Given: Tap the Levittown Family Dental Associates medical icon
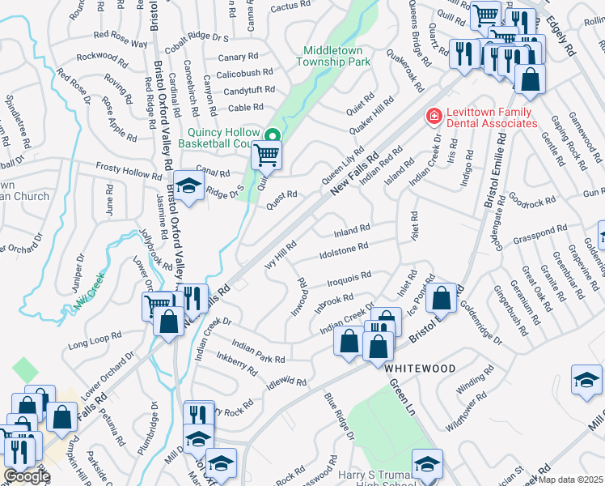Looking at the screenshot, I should point(434,117).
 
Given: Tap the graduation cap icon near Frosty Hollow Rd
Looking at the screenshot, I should point(188,188).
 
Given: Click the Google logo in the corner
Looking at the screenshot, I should point(27,477).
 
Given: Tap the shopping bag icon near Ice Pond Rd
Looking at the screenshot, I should point(442,298).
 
